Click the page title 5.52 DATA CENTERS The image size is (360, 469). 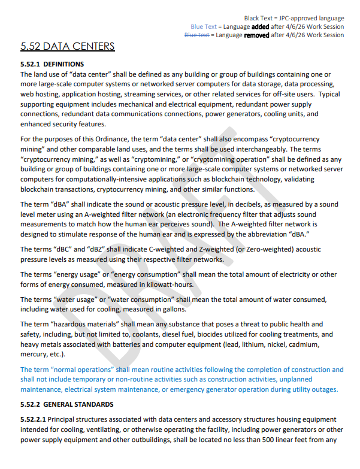click(67, 46)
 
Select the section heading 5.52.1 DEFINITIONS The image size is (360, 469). click(52, 64)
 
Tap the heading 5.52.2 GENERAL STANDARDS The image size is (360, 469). click(66, 404)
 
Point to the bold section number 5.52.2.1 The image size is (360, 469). click(32, 420)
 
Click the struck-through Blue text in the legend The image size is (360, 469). click(196, 35)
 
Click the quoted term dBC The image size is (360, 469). click(57, 249)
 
